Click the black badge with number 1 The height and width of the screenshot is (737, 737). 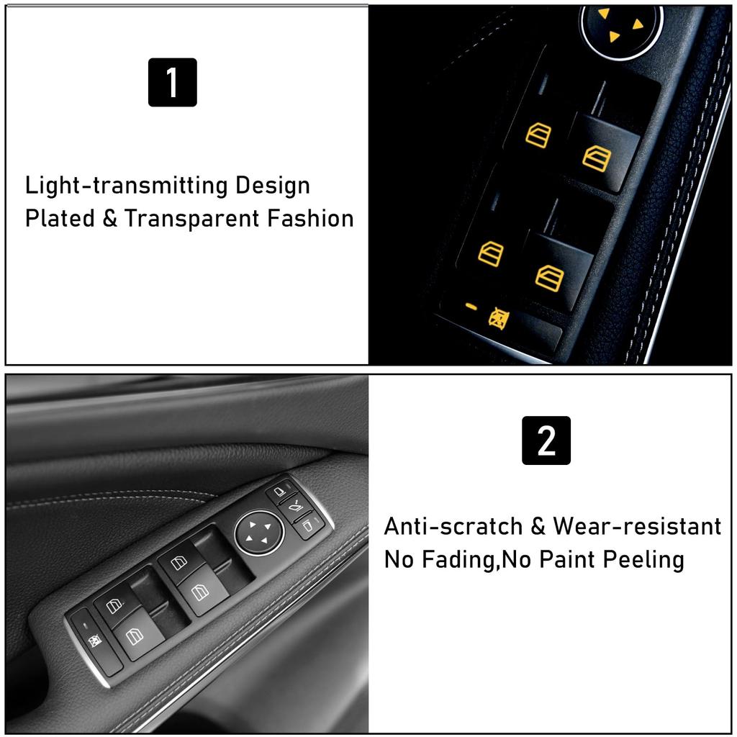pyautogui.click(x=172, y=82)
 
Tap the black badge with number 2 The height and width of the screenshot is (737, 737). pyautogui.click(x=546, y=440)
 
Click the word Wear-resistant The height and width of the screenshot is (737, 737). pyautogui.click(x=637, y=526)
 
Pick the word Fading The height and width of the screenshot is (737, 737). pyautogui.click(x=461, y=559)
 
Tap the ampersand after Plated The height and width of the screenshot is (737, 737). pyautogui.click(x=109, y=218)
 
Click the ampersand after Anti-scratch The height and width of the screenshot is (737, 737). pyautogui.click(x=538, y=526)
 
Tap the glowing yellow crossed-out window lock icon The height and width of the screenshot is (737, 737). pyautogui.click(x=497, y=317)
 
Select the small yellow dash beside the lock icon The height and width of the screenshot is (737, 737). pyautogui.click(x=471, y=307)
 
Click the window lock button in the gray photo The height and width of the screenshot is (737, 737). pyautogui.click(x=94, y=638)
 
